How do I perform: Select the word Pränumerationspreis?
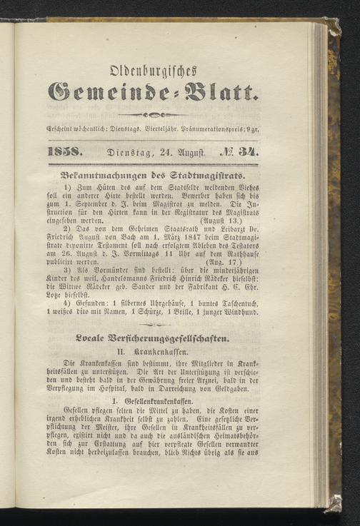[x=234, y=131]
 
